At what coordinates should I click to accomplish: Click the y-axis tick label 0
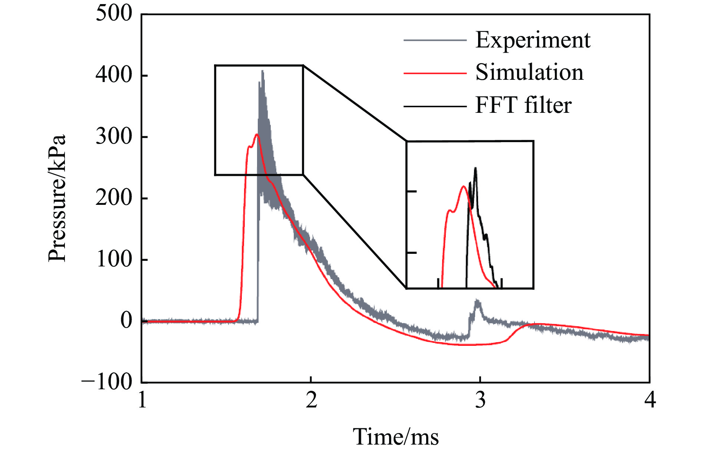(x=126, y=320)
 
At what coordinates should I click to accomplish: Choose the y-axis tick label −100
(x=107, y=381)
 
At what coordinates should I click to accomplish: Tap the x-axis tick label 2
(x=311, y=400)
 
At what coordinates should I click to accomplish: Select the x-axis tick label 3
(x=480, y=400)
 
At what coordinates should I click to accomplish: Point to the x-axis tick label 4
(x=650, y=400)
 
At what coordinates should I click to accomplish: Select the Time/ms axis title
(x=395, y=436)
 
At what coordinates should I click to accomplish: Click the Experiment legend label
(x=533, y=40)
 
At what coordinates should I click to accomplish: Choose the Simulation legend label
(x=529, y=72)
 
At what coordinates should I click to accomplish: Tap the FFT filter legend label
(x=523, y=105)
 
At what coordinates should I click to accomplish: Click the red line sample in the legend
(x=435, y=73)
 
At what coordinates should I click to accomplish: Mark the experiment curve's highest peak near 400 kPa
(x=263, y=71)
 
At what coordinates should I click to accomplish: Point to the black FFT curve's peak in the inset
(x=475, y=168)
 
